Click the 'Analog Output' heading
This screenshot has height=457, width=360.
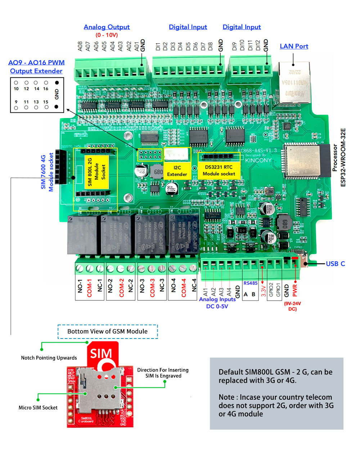click(107, 27)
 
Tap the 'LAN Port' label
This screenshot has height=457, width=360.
click(294, 46)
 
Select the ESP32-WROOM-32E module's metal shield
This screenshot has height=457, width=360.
click(302, 161)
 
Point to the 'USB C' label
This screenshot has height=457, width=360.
click(335, 264)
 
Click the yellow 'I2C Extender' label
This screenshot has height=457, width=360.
click(177, 171)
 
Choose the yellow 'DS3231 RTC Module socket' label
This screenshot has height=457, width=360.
click(219, 170)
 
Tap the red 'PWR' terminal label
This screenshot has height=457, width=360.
click(295, 290)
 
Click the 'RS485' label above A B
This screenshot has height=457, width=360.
click(251, 283)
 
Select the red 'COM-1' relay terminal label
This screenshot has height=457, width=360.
click(90, 288)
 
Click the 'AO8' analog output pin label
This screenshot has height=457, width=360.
click(80, 46)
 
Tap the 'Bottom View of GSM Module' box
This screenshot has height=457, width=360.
click(108, 331)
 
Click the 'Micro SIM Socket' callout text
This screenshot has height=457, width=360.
click(38, 408)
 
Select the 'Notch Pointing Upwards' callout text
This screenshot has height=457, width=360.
click(49, 358)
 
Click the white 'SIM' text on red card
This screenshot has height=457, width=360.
click(101, 354)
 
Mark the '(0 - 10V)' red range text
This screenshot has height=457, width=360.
click(107, 35)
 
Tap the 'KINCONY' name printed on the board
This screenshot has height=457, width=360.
click(258, 160)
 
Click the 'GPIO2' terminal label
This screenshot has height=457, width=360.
click(271, 290)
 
